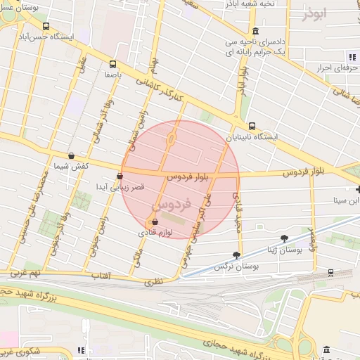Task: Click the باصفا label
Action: [115, 73]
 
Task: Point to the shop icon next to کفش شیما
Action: [71, 155]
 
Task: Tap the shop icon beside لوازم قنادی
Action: [154, 222]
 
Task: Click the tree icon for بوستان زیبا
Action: [284, 238]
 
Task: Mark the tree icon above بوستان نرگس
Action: [236, 256]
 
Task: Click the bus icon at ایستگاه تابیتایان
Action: [252, 126]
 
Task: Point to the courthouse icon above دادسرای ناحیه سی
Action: [255, 31]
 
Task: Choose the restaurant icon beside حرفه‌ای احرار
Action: [353, 56]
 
